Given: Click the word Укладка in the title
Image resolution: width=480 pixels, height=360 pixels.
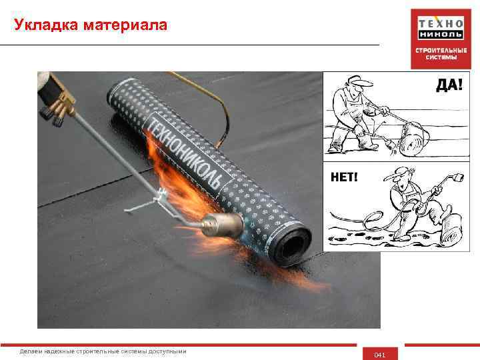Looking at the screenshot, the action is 46,25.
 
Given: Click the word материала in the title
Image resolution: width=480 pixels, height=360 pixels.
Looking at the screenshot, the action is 125,25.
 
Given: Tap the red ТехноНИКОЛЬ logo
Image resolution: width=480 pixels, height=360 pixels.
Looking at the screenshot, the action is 441,39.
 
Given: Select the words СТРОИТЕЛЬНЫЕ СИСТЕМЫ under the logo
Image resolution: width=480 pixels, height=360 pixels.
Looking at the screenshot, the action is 441,54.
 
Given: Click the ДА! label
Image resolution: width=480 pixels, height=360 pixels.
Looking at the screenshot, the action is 449,84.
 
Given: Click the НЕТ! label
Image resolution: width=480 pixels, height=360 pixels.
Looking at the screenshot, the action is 344,177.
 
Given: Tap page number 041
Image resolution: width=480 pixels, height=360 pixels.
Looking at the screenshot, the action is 379,355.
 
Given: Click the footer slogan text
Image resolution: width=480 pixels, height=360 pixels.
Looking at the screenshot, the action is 103,351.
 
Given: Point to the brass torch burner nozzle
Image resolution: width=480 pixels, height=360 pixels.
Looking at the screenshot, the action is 223,225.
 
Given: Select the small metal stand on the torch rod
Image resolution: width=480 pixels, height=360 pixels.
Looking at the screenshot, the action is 146,202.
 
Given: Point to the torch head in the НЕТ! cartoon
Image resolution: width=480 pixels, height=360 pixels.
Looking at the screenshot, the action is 458,177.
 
